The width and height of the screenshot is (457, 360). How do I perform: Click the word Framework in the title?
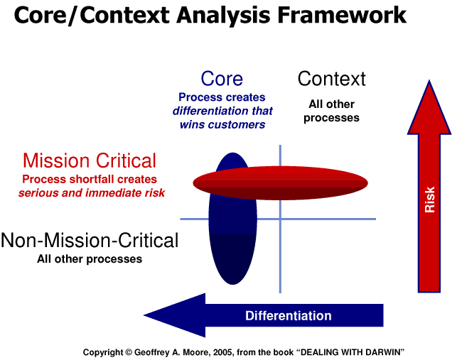pyautogui.click(x=342, y=15)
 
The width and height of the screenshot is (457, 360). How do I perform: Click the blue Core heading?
pyautogui.click(x=222, y=79)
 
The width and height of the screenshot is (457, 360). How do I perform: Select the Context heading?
pyautogui.click(x=331, y=79)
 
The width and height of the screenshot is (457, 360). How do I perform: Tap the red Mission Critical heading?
pyautogui.click(x=90, y=160)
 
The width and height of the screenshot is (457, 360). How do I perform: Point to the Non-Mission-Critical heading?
pyautogui.click(x=90, y=240)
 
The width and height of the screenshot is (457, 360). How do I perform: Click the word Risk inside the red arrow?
pyautogui.click(x=429, y=200)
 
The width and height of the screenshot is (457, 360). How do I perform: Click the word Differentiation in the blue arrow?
pyautogui.click(x=289, y=316)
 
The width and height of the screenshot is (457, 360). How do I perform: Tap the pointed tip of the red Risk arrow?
pyautogui.click(x=429, y=80)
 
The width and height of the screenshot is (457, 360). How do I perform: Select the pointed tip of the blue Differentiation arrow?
pyautogui.click(x=144, y=315)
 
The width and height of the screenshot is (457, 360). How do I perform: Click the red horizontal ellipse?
pyautogui.click(x=280, y=183)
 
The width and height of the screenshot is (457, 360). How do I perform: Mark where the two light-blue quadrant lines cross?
pyautogui.click(x=280, y=219)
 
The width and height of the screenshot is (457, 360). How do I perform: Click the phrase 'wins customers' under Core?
pyautogui.click(x=222, y=125)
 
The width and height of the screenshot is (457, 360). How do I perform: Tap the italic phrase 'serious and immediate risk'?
pyautogui.click(x=92, y=193)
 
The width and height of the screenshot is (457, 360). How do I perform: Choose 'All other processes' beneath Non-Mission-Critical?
pyautogui.click(x=90, y=259)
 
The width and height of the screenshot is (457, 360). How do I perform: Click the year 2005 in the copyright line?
pyautogui.click(x=222, y=352)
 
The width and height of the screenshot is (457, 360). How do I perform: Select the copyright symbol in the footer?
pyautogui.click(x=129, y=352)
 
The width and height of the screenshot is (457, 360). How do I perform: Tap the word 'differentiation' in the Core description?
pyautogui.click(x=208, y=111)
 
